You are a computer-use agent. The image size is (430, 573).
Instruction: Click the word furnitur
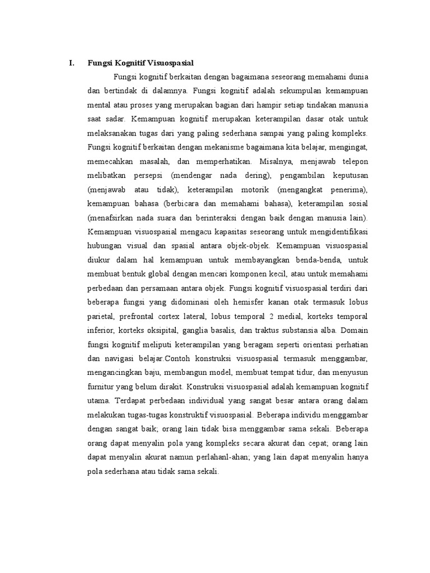[101, 387]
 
